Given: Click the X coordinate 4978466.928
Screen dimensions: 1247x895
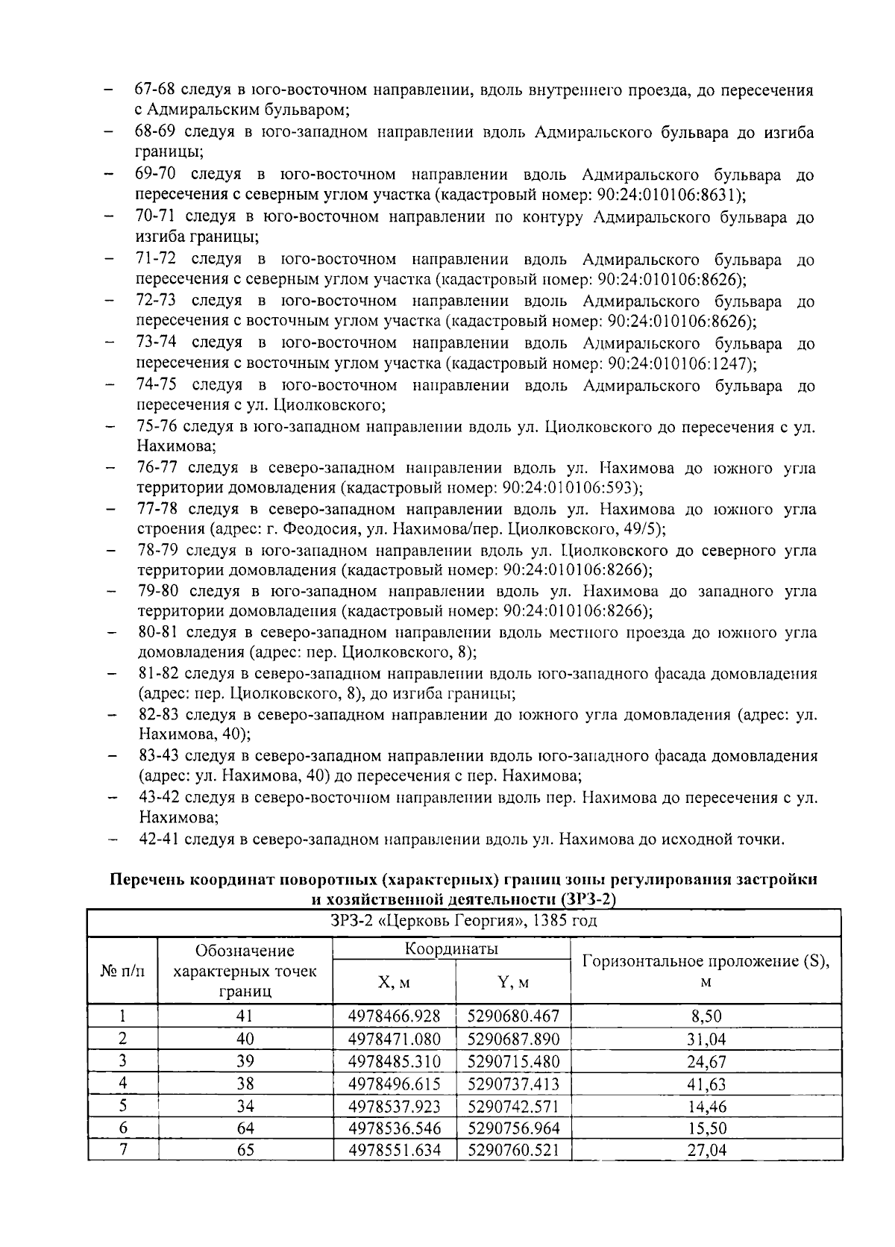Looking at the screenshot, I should coord(395,1016).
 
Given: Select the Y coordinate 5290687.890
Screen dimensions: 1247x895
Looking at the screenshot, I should coord(513,1038).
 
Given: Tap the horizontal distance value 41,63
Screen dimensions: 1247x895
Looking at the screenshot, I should coord(706,1084).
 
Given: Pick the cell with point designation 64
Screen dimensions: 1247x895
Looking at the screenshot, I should coord(245,1128).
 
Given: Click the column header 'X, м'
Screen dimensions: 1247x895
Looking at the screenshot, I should coord(394,982).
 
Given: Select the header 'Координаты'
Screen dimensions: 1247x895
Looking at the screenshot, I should coord(451,948).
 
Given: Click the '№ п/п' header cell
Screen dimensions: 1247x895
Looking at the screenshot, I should coord(122,971).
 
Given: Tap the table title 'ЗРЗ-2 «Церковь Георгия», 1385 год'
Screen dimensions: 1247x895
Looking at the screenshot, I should coord(464,921).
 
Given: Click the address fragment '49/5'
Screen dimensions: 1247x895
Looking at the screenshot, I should coord(646,529).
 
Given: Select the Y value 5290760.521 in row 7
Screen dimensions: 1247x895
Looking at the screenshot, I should coord(513,1150).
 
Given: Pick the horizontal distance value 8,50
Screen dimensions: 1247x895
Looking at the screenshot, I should coord(706,1016).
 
